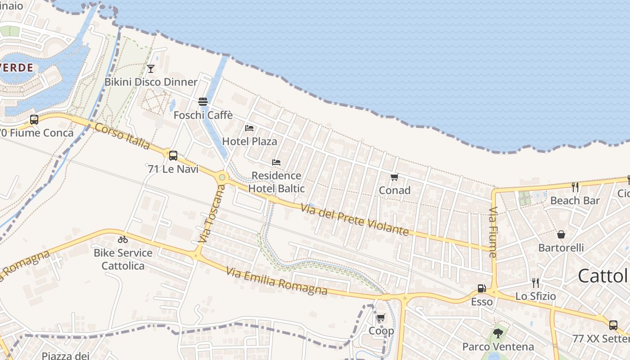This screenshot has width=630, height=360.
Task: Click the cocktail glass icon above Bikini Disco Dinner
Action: pyautogui.click(x=151, y=68)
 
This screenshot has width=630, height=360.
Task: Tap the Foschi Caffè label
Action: pyautogui.click(x=203, y=115)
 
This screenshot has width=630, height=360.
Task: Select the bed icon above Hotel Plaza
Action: pyautogui.click(x=249, y=128)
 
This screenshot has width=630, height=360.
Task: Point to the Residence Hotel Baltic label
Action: pyautogui.click(x=276, y=182)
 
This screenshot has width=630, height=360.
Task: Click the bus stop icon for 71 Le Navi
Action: pyautogui.click(x=173, y=156)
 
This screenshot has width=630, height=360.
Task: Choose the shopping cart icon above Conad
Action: pyautogui.click(x=395, y=177)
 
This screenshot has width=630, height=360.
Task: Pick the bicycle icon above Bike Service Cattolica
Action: pyautogui.click(x=123, y=239)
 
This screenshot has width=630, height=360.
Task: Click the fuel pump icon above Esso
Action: pyautogui.click(x=481, y=288)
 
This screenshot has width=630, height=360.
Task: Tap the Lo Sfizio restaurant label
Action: pyautogui.click(x=535, y=296)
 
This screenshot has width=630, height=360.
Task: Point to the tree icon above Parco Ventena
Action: pyautogui.click(x=498, y=333)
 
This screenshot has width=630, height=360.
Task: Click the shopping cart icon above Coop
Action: pyautogui.click(x=381, y=318)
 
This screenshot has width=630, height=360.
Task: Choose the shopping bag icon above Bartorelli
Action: pyautogui.click(x=561, y=234)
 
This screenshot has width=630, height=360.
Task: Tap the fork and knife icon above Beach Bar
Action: pyautogui.click(x=575, y=187)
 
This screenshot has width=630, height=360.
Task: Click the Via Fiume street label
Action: pyautogui.click(x=493, y=232)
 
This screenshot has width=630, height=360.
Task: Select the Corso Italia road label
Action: pyautogui.click(x=122, y=136)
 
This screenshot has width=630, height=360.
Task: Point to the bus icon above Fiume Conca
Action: pyautogui.click(x=34, y=120)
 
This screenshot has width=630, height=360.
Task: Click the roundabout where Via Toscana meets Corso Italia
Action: pyautogui.click(x=221, y=177)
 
